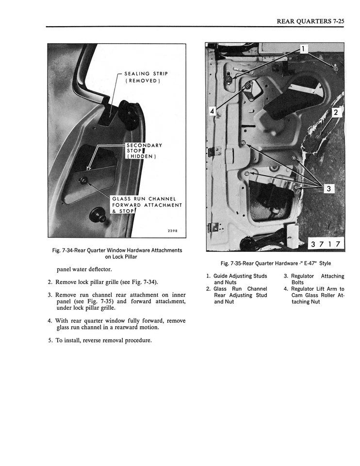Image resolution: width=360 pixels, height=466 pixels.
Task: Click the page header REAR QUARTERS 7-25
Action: [x=310, y=21]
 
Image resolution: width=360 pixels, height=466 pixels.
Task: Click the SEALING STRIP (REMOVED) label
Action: [x=146, y=77]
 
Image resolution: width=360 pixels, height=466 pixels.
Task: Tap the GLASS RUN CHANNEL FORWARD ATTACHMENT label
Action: [x=147, y=205]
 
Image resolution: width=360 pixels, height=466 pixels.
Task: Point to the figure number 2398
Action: [x=173, y=231]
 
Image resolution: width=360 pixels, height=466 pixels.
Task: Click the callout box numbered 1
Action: [x=302, y=49]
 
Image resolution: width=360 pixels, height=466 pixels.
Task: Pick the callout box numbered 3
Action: [x=328, y=189]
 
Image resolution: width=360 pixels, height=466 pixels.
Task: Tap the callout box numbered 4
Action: [x=212, y=112]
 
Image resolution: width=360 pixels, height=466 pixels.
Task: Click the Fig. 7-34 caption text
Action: [x=117, y=253]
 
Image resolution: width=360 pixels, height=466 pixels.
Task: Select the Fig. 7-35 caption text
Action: [x=275, y=264]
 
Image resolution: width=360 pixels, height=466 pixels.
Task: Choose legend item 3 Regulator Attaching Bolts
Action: [x=314, y=279]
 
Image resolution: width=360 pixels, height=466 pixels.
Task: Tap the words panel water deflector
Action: [x=84, y=269]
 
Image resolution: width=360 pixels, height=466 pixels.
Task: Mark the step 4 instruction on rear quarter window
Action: [x=116, y=324]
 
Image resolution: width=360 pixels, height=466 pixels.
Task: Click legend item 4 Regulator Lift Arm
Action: [x=314, y=295]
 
